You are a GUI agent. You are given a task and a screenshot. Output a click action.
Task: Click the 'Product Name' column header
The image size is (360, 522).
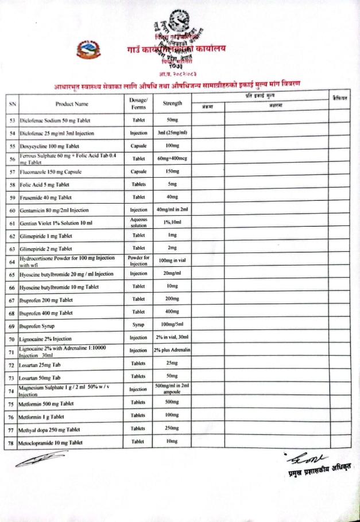pyautogui.click(x=72, y=104)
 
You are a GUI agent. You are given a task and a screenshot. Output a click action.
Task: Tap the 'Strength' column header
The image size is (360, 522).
pyautogui.click(x=172, y=103)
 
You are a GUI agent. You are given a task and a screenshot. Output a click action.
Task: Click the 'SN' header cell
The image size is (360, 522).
pyautogui.click(x=12, y=104)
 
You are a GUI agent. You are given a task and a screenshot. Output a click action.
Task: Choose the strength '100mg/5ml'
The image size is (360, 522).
pyautogui.click(x=172, y=325)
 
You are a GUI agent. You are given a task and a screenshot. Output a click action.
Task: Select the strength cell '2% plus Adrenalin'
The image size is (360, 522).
pyautogui.click(x=172, y=350)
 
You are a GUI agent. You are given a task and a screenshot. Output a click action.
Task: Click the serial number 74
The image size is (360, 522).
pyautogui.click(x=12, y=391)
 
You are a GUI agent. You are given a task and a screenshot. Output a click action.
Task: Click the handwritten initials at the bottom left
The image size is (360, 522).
pyautogui.click(x=40, y=459)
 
